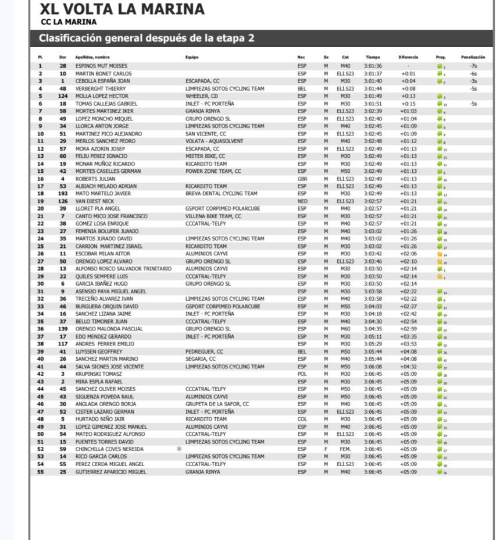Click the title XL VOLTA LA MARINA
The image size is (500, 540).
tap(122, 9)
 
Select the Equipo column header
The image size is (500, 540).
tap(192, 57)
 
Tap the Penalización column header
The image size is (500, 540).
tap(473, 57)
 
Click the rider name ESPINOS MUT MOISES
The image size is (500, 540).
tap(101, 66)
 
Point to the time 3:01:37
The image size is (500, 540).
tap(373, 74)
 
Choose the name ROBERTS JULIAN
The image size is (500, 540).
tap(95, 179)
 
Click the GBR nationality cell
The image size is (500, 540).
tap(302, 179)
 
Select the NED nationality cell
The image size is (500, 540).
tap(302, 201)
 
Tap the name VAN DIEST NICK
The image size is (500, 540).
tap(95, 201)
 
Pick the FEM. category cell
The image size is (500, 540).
tap(345, 449)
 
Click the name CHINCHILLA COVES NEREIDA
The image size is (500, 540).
tap(109, 449)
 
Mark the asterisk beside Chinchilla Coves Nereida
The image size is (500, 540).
tap(179, 449)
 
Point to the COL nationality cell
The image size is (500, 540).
tap(302, 419)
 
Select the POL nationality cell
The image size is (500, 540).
tap(302, 374)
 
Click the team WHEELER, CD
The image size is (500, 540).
tap(202, 96)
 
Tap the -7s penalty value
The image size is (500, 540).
tap(473, 66)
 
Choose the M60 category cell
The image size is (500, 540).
tap(345, 329)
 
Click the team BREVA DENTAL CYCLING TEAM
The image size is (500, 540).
tap(221, 194)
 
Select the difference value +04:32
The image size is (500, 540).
tap(408, 367)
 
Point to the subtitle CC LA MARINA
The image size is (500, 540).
tap(69, 23)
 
